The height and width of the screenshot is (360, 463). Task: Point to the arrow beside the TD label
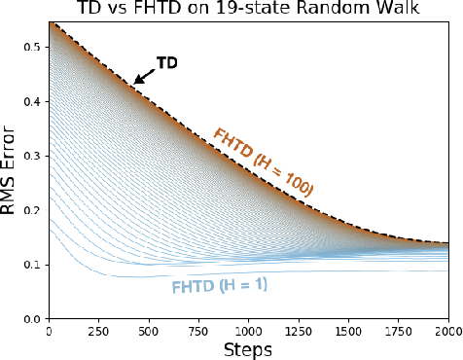coord(144,76)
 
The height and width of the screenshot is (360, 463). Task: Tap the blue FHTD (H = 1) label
coord(220,287)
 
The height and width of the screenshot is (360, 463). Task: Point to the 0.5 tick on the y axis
coord(33,47)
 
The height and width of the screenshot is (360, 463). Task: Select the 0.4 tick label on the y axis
coord(33,101)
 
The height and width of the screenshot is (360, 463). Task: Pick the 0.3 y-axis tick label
coord(33,156)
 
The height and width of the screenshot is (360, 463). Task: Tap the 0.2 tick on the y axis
coord(33,210)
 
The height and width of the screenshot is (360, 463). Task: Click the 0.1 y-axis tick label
coord(33,265)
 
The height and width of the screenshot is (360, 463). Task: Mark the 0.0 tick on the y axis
coord(33,319)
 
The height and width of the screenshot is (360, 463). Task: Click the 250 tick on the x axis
coord(98,331)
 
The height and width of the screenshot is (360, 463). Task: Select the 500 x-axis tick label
coord(148,331)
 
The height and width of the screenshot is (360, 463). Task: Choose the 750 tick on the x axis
coord(198,331)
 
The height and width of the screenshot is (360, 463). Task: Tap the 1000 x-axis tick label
coord(248,331)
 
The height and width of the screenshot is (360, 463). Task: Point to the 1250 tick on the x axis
coord(299,331)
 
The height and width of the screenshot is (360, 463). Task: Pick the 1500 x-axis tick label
coord(348,331)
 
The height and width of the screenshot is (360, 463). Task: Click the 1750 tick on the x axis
coord(399,331)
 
